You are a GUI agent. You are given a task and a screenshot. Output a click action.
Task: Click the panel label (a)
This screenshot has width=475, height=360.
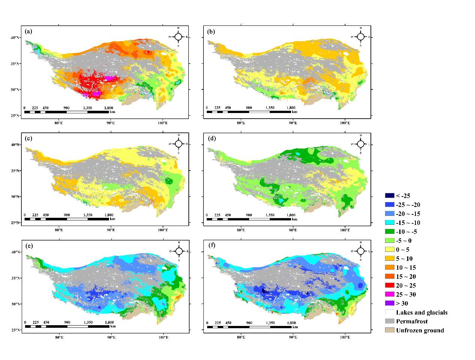click(x=28, y=32)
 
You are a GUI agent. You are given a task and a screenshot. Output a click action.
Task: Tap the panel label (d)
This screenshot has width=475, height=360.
click(x=211, y=139)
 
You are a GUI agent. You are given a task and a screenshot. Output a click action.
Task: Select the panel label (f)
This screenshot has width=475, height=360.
click(x=211, y=246)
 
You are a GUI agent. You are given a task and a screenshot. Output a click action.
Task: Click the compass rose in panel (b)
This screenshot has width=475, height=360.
click(x=360, y=36)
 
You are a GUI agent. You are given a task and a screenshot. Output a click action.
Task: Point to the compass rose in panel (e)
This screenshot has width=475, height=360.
click(x=179, y=251)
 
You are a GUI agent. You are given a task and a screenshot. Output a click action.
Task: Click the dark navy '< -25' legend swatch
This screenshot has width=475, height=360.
click(x=390, y=196)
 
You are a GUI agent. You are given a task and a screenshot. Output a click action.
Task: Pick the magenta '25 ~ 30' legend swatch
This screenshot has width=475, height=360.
click(x=390, y=295)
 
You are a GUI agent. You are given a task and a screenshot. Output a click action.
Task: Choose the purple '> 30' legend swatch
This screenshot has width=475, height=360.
click(x=390, y=303)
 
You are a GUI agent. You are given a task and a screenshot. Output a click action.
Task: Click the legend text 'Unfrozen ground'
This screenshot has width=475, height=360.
click(x=420, y=330)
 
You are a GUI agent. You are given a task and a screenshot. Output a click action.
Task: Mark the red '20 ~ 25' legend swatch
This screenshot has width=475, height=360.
click(x=390, y=286)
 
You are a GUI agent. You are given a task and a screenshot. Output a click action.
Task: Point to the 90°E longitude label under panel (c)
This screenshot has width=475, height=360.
click(x=111, y=229)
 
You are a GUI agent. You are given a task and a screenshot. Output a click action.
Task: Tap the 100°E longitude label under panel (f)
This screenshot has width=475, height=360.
click(x=345, y=337)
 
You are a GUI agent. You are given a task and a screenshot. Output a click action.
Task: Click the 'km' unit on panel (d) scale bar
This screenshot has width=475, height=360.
click(x=295, y=219)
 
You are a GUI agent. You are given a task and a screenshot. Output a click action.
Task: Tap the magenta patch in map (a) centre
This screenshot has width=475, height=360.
click(x=110, y=78)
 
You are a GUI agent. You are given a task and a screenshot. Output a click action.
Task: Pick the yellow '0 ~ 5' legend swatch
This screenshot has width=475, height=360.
click(x=390, y=250)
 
